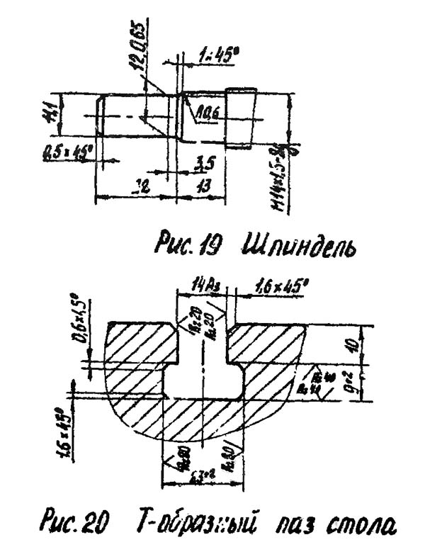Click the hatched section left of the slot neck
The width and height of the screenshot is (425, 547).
[x=142, y=347]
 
